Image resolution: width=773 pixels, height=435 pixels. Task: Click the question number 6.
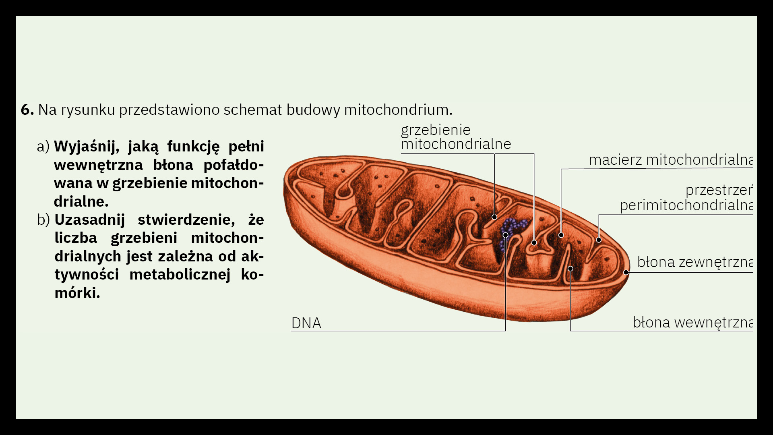[x=27, y=110]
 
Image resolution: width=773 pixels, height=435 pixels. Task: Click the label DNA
[x=306, y=323]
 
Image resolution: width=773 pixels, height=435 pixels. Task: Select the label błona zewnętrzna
[x=695, y=262]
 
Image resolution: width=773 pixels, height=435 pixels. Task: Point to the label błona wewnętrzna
[x=692, y=322]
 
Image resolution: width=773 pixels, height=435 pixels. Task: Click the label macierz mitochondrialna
[x=671, y=160]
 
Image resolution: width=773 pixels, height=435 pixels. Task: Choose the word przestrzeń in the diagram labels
[x=719, y=190]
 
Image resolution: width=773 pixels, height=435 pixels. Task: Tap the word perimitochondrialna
[x=686, y=205]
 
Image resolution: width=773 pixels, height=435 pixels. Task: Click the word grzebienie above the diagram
[x=436, y=130]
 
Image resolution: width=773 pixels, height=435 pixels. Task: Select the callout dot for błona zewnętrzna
[x=626, y=272]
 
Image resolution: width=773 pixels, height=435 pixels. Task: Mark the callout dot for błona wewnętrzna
[x=570, y=269]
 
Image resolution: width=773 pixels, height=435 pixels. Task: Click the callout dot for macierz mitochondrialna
[x=561, y=235]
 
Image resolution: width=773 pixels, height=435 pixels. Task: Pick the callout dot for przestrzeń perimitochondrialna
[x=599, y=240]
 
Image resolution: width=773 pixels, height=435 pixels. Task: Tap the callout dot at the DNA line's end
[x=505, y=235]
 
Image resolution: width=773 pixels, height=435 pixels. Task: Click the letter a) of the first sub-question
[x=43, y=146]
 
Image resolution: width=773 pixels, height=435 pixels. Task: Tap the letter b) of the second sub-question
[x=43, y=220]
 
